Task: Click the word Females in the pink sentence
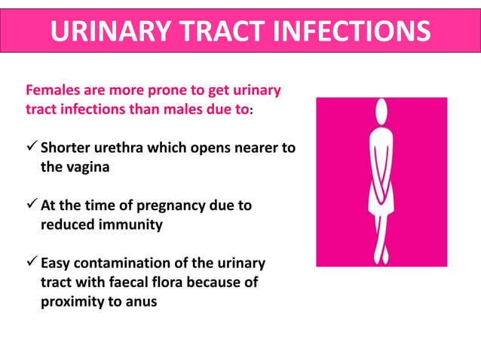click(x=51, y=92)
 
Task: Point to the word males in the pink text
click(x=185, y=109)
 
